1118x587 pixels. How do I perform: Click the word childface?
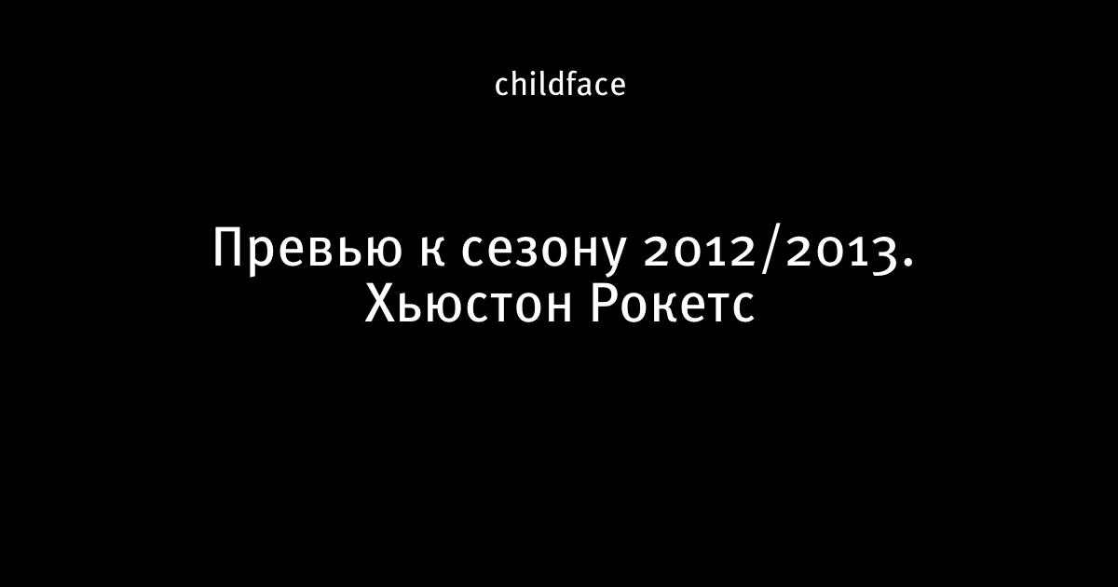560,84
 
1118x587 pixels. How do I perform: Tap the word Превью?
307,250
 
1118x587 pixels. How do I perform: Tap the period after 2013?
907,262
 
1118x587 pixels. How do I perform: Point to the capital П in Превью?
229,247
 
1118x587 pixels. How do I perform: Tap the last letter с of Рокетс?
743,308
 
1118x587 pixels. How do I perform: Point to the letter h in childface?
520,84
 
